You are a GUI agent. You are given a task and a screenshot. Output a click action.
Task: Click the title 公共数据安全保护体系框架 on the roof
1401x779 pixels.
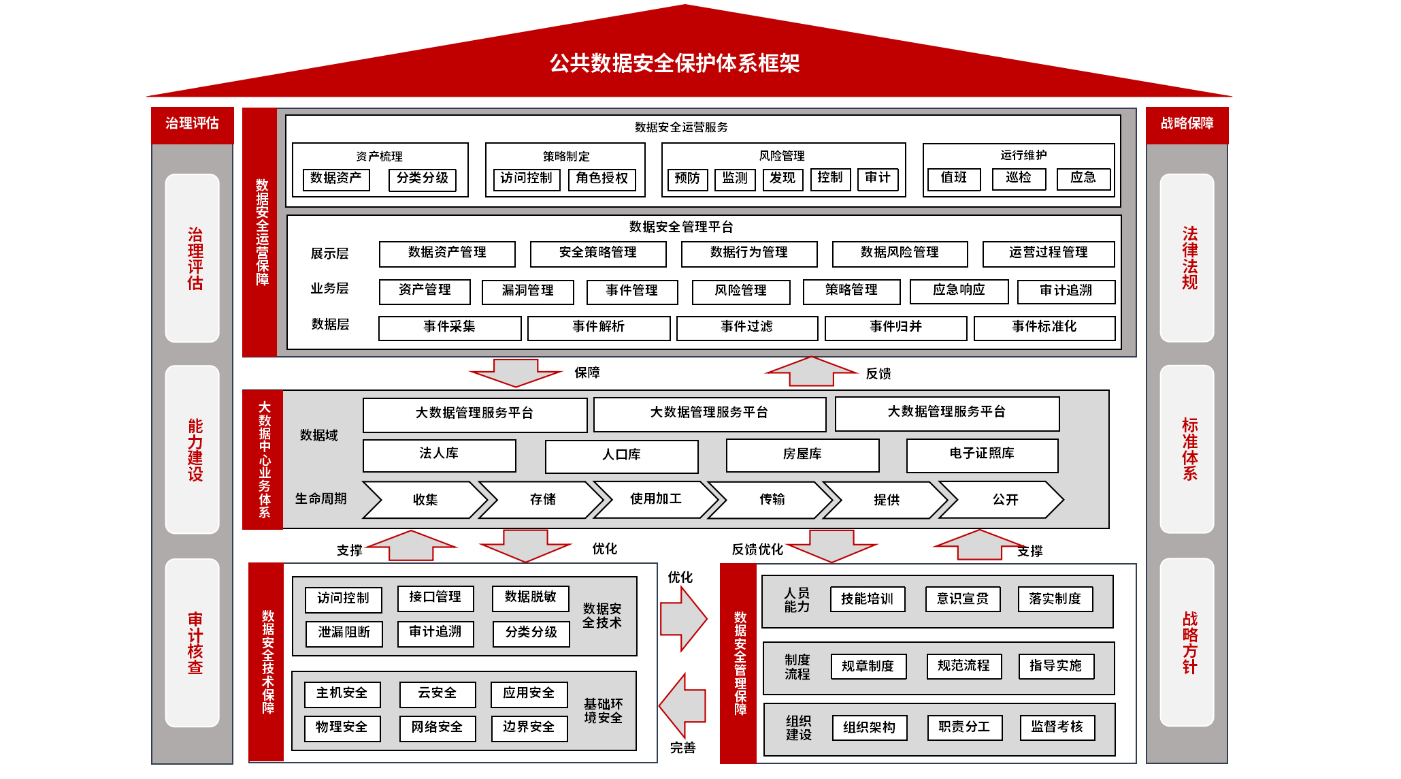click(674, 63)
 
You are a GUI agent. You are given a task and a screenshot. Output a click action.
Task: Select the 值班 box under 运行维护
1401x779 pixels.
click(954, 178)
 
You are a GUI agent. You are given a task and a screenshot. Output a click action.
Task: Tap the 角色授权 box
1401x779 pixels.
click(601, 179)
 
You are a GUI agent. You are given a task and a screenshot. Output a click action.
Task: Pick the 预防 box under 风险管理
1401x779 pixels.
click(687, 179)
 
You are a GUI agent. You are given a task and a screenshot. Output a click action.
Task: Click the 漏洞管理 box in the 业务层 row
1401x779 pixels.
click(527, 291)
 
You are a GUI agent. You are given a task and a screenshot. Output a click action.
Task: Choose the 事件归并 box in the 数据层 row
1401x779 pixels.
click(895, 328)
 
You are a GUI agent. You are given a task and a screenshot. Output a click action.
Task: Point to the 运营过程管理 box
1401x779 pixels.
click(1048, 253)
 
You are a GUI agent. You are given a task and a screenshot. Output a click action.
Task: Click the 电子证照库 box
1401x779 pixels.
click(982, 455)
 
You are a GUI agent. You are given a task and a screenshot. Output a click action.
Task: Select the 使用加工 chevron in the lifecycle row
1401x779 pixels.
click(655, 500)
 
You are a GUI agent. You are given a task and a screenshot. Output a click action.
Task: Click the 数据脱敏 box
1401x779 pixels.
click(530, 598)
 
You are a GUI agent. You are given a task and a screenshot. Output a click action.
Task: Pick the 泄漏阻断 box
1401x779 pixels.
click(344, 633)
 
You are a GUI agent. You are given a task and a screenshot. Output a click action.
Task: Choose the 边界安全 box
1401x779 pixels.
click(529, 728)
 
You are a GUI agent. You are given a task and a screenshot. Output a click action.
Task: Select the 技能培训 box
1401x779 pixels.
click(867, 599)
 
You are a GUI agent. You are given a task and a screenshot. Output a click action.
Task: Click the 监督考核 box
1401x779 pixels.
click(1057, 727)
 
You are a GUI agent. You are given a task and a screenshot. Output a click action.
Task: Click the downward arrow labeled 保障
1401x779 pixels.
click(516, 372)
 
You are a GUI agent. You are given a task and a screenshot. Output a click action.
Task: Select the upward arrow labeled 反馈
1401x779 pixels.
click(811, 371)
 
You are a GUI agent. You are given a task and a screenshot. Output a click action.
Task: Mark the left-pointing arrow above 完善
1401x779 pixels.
click(683, 706)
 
